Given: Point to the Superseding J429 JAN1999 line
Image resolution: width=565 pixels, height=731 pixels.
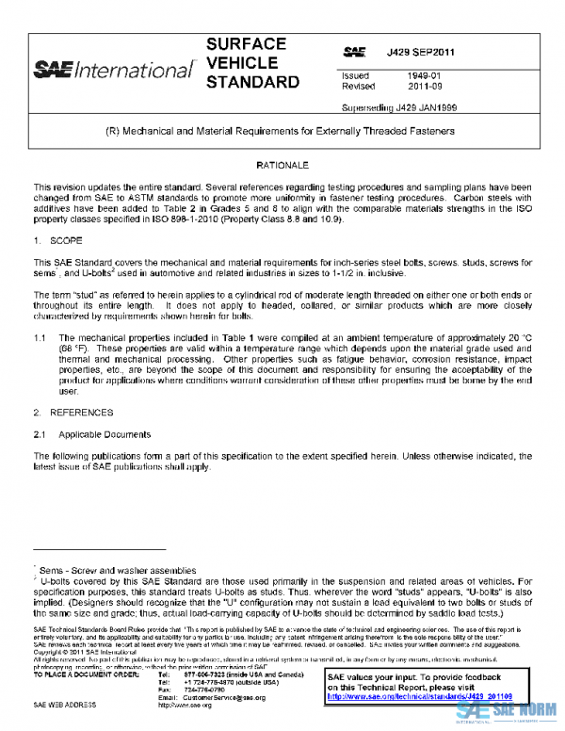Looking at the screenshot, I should point(399,107).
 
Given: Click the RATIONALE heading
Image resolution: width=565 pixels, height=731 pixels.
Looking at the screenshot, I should point(282,166).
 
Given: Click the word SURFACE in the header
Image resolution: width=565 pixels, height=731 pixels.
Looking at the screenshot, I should point(245,44).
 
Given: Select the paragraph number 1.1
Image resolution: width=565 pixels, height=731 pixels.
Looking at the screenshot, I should point(40,338).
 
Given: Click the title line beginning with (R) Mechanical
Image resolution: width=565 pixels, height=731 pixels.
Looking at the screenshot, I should point(282,132).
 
